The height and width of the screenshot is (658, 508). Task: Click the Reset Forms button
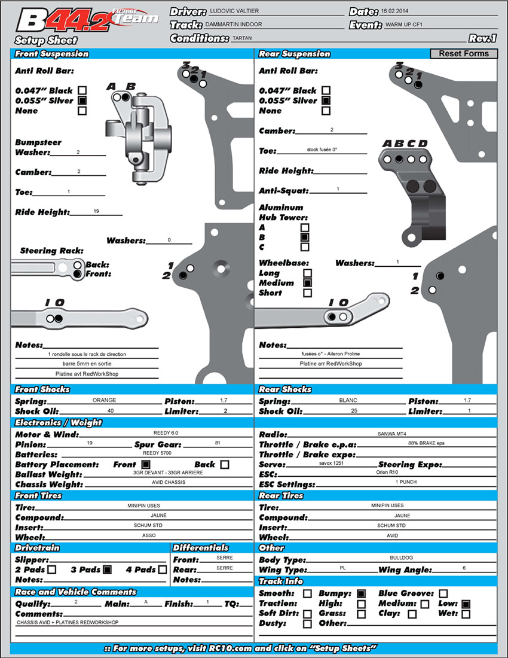(x=463, y=54)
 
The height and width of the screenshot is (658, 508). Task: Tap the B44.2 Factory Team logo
(x=87, y=20)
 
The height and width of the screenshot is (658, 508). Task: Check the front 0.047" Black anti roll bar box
(x=82, y=90)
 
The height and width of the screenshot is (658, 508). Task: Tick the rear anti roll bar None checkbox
(x=326, y=111)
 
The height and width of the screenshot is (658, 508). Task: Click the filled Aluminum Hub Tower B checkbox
(x=305, y=237)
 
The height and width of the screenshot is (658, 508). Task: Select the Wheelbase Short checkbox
(x=307, y=293)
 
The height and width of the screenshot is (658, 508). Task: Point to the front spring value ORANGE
(x=105, y=401)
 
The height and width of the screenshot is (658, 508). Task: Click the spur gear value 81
(x=216, y=443)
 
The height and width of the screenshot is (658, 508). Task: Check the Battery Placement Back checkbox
(x=224, y=464)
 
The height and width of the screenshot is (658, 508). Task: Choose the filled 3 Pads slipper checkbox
(x=107, y=569)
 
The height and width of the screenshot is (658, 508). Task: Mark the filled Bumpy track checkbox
(x=361, y=594)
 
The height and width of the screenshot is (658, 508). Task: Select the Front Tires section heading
(x=39, y=496)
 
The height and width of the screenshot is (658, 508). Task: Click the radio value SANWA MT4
(x=391, y=434)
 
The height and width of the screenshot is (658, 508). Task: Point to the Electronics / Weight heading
(x=58, y=423)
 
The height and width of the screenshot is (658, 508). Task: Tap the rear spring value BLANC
(x=347, y=401)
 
